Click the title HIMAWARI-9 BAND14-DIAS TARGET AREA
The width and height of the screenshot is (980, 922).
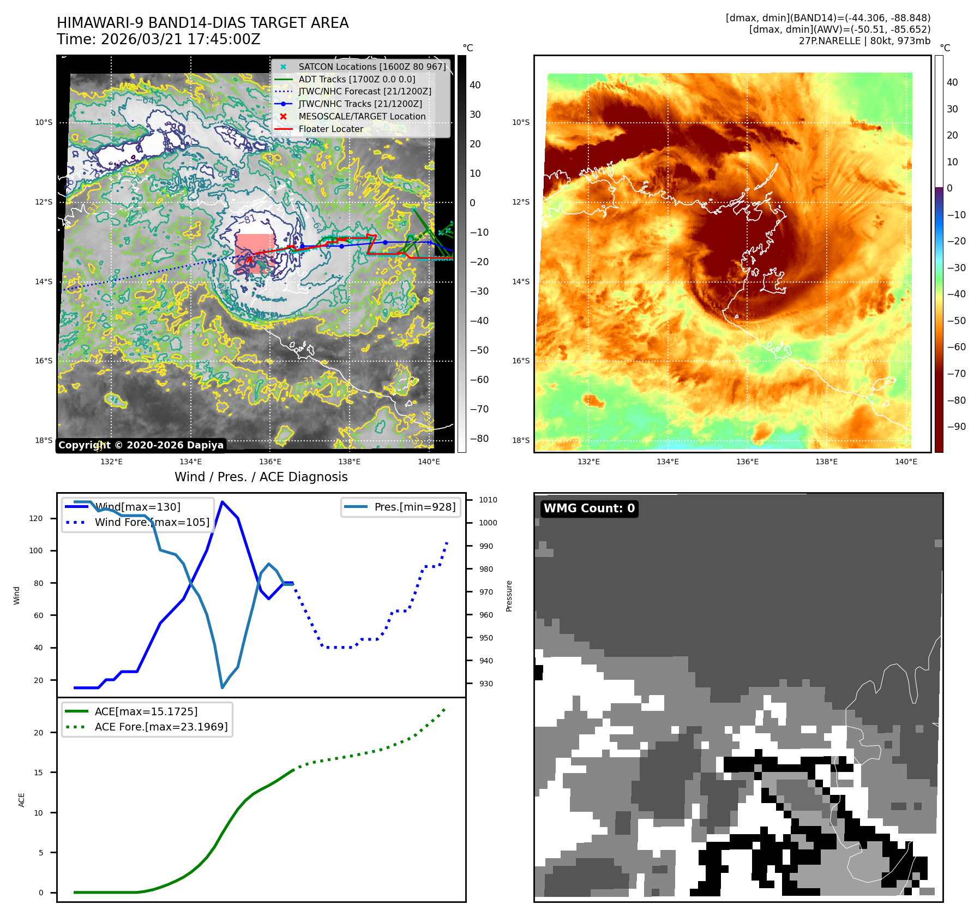(202, 23)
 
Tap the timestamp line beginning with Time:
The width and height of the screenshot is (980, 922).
(158, 39)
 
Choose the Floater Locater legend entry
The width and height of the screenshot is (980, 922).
(330, 129)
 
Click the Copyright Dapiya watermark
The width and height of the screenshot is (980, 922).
(141, 445)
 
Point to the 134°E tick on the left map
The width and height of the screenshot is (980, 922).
(191, 462)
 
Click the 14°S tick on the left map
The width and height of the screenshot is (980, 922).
(44, 282)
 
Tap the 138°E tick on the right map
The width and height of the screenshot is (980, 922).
(826, 462)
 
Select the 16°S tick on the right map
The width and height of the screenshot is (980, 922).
(521, 361)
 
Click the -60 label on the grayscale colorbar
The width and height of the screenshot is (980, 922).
(479, 380)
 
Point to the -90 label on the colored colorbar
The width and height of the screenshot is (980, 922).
(956, 427)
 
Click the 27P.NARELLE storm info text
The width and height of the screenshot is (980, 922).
(864, 41)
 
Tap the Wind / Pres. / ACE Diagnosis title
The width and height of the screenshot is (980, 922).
(261, 477)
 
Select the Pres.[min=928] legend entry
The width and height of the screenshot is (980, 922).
(414, 507)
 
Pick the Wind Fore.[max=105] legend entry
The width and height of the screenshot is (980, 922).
(152, 522)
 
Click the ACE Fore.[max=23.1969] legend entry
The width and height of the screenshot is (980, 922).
(161, 727)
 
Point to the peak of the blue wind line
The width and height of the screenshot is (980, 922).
(222, 501)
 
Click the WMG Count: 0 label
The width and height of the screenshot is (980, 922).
(589, 508)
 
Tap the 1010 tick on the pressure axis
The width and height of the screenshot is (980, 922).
(488, 500)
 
